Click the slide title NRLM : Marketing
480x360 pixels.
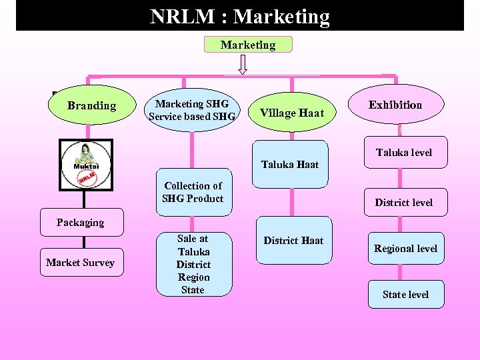240,16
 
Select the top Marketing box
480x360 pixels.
248,45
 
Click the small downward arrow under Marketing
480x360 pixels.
243,65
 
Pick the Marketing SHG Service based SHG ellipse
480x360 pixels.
192,110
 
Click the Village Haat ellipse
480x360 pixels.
291,113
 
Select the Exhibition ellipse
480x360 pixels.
395,105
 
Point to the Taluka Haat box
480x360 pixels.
290,160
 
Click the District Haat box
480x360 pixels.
293,240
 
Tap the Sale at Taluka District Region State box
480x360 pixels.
193,264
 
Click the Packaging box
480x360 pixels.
81,223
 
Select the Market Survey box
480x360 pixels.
81,263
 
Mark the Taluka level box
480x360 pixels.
403,153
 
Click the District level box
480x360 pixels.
403,202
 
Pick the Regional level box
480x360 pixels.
405,249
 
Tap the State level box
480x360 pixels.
405,294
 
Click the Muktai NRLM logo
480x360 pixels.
85,165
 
